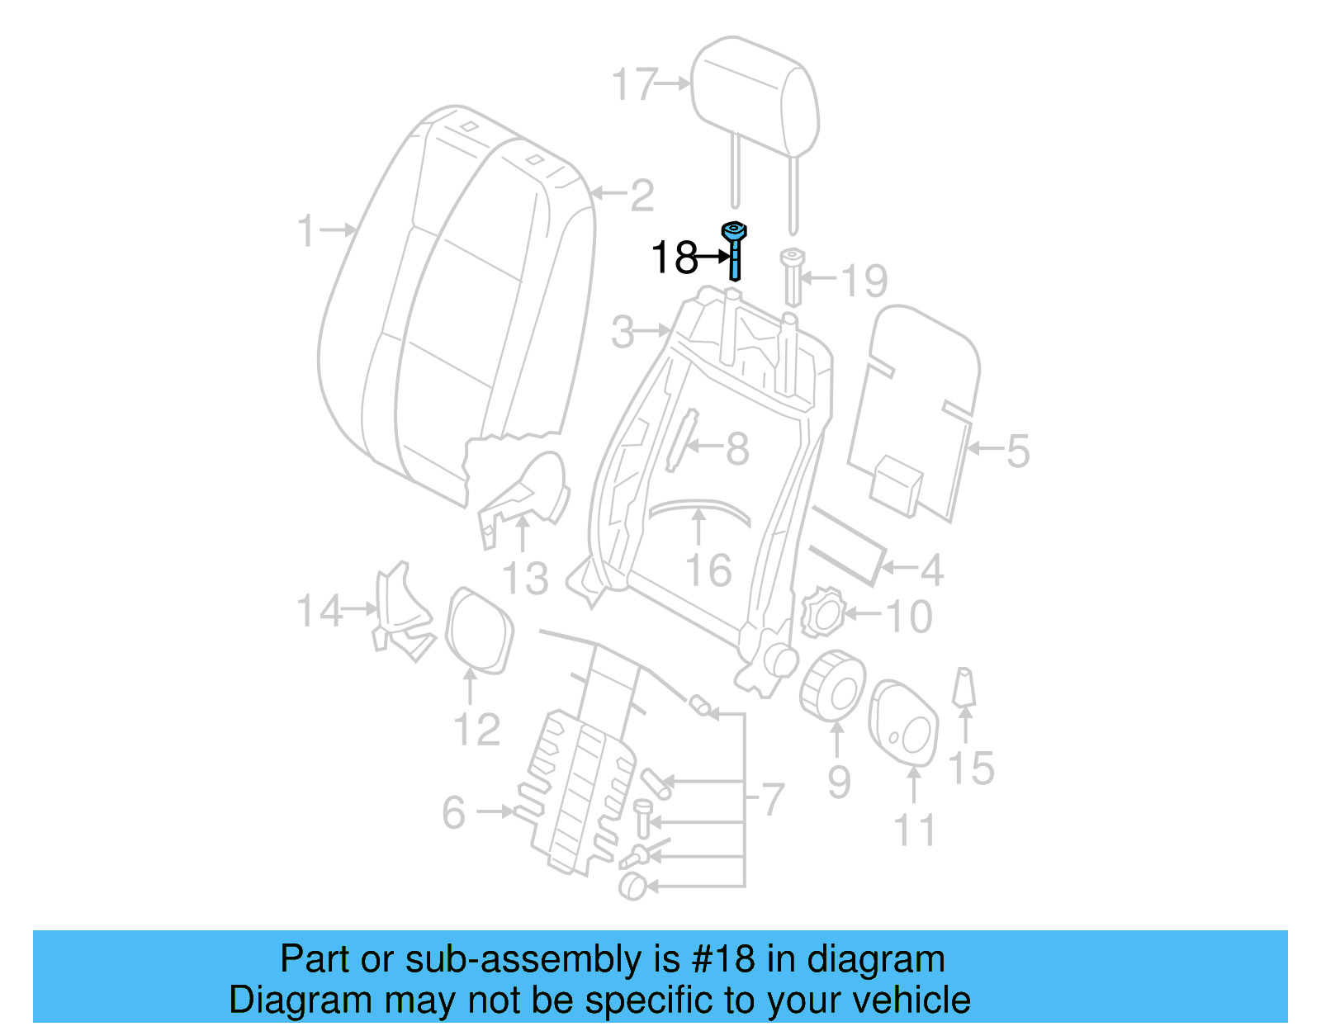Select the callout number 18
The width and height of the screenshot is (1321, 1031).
tap(673, 258)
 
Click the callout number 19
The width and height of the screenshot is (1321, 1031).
tap(864, 281)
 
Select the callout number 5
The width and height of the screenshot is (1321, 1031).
tap(1017, 452)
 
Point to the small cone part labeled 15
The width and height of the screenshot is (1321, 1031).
tap(964, 688)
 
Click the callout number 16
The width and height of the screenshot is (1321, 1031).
tap(708, 570)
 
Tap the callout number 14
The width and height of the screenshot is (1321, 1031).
tap(319, 612)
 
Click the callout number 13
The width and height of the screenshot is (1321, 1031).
tap(525, 578)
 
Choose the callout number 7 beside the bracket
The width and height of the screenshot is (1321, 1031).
tap(772, 799)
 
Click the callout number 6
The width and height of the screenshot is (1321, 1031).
tap(454, 813)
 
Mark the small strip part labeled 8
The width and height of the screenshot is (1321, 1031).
tap(681, 441)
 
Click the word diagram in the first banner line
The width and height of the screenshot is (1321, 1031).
tap(875, 959)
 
